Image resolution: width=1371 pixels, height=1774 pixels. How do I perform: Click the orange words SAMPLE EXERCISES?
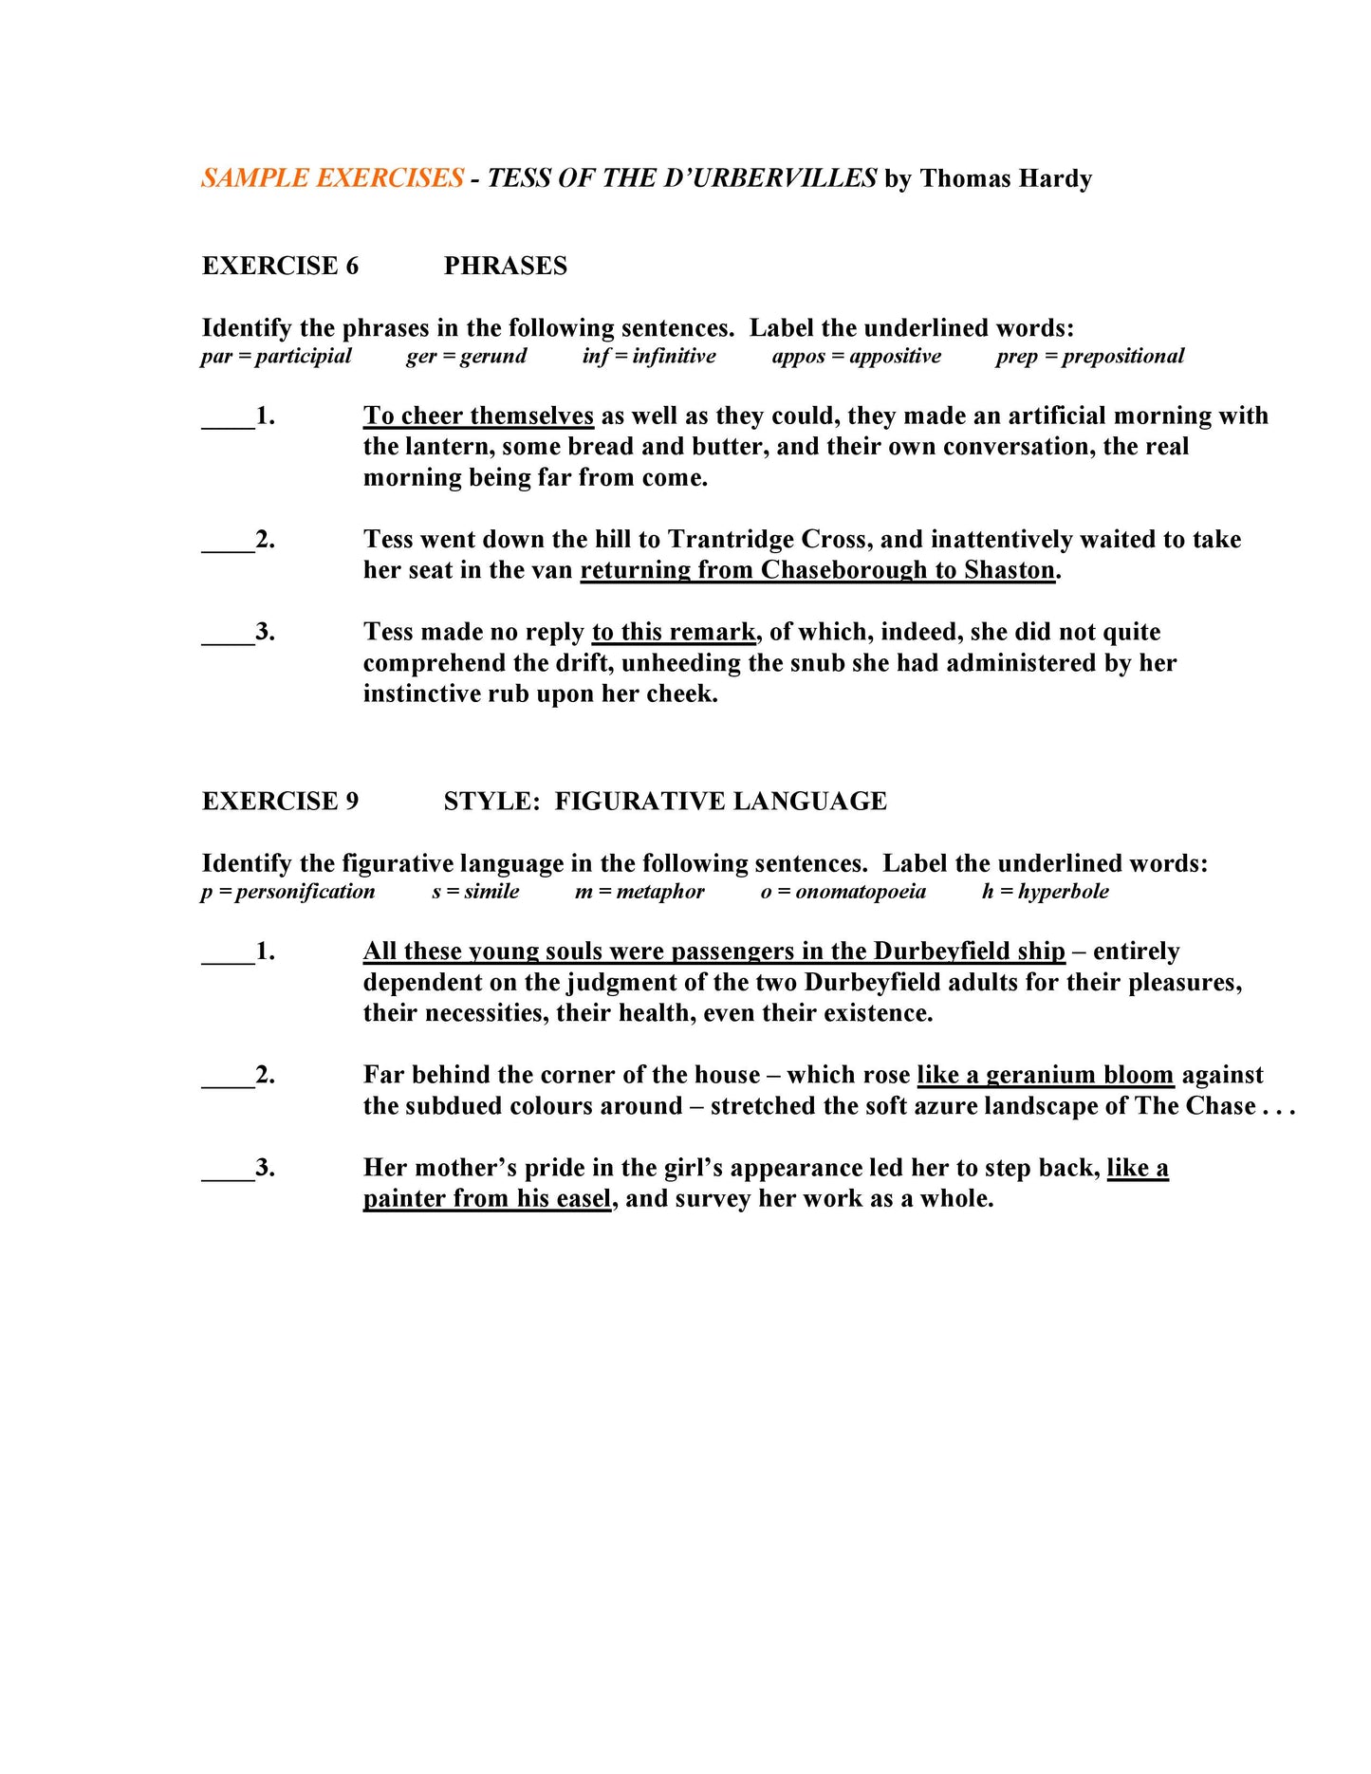pyautogui.click(x=332, y=178)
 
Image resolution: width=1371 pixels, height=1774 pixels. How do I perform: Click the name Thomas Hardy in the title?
pyautogui.click(x=1006, y=178)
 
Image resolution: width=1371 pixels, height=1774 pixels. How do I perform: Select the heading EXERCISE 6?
pyautogui.click(x=280, y=266)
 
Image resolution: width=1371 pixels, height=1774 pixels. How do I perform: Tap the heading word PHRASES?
pyautogui.click(x=505, y=266)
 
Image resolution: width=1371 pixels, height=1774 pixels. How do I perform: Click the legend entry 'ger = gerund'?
pyautogui.click(x=466, y=356)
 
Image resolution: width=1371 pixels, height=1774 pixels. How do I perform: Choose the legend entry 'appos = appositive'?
pyautogui.click(x=856, y=356)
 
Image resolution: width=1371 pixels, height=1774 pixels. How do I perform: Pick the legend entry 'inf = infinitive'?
pyautogui.click(x=649, y=356)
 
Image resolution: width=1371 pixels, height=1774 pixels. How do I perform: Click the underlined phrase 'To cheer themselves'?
pyautogui.click(x=478, y=416)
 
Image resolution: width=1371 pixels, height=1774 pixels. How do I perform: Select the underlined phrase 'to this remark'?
pyautogui.click(x=674, y=632)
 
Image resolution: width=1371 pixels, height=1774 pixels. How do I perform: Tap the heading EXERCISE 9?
pyautogui.click(x=280, y=802)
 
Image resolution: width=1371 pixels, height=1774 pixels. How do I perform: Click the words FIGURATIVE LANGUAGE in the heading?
pyautogui.click(x=720, y=802)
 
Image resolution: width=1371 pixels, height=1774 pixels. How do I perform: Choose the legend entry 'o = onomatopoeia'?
pyautogui.click(x=843, y=892)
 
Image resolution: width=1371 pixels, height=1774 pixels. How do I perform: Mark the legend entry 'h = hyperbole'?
pyautogui.click(x=1045, y=892)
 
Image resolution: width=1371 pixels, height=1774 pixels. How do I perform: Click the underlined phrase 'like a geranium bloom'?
pyautogui.click(x=1045, y=1075)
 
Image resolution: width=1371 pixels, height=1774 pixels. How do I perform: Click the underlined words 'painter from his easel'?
pyautogui.click(x=487, y=1199)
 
